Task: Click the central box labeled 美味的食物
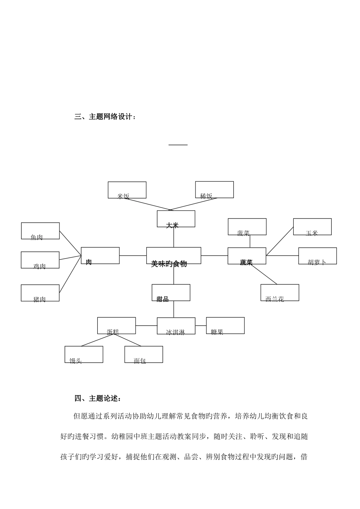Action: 174,256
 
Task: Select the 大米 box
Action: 176,219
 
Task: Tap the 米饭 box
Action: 127,190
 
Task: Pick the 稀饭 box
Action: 214,190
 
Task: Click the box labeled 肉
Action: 100,256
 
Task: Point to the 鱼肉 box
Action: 40,231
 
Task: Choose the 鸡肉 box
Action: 40,260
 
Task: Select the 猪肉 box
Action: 40,293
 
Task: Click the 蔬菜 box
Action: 247,256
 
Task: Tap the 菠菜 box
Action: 247,227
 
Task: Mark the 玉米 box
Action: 312,227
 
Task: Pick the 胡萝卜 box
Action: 317,256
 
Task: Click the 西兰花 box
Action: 280,293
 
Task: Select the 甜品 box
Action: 171,293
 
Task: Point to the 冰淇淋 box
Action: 176,326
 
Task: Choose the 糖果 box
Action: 225,326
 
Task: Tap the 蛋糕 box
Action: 116,326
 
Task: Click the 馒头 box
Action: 84,354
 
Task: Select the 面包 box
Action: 144,354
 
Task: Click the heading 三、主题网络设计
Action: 105,117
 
